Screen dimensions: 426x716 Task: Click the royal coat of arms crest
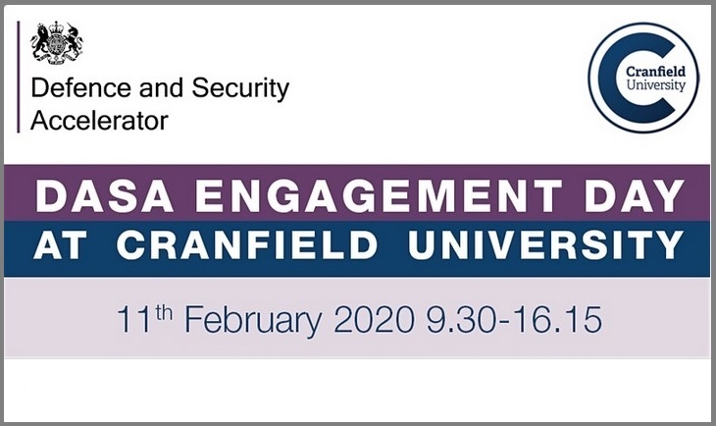point(57,42)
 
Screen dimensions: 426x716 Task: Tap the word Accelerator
point(99,121)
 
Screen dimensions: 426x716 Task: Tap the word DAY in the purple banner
point(629,195)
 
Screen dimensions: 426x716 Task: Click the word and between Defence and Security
point(158,89)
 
